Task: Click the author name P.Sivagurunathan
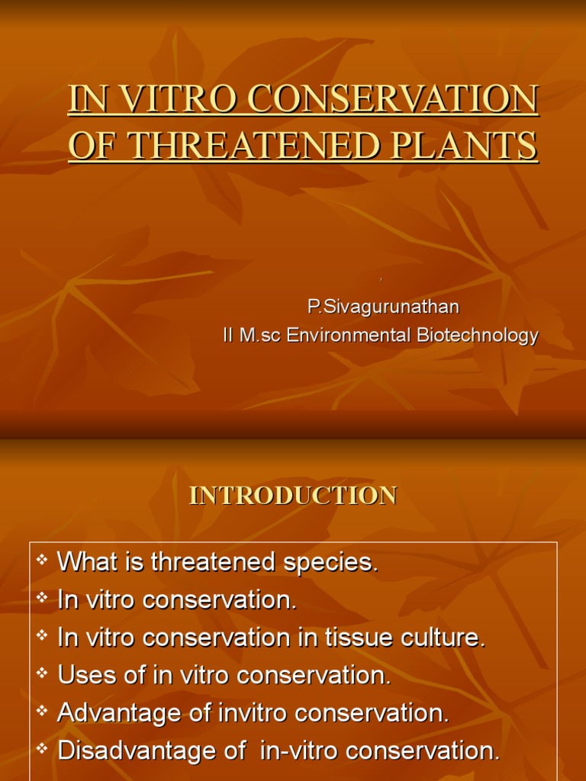point(384,307)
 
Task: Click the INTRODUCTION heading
point(293,496)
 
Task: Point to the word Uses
point(84,676)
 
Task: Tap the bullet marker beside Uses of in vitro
point(42,673)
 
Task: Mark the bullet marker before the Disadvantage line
point(42,748)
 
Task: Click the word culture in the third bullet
point(449,638)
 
